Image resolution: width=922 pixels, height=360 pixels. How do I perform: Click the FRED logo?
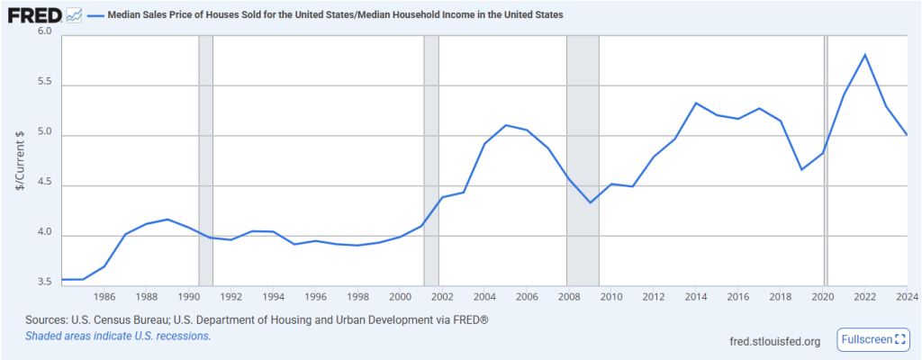point(35,15)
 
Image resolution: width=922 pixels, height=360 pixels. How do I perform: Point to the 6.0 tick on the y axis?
point(44,31)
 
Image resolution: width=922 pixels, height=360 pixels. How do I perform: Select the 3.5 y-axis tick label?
point(44,283)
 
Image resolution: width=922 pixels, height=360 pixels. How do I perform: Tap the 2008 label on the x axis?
point(568,296)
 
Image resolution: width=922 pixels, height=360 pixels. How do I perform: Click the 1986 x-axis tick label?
point(104,296)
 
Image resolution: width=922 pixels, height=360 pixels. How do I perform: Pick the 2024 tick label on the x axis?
point(906,296)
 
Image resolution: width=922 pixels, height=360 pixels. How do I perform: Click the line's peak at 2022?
point(864,55)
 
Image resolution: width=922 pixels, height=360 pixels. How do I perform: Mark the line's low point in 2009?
point(590,202)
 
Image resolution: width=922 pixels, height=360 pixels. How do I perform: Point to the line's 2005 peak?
point(505,125)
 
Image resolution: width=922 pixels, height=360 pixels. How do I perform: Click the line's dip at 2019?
point(801,169)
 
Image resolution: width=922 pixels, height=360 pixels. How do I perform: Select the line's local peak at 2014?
point(696,103)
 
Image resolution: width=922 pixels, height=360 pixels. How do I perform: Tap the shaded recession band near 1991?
point(205,162)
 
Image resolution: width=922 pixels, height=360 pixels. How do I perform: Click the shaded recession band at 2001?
point(430,162)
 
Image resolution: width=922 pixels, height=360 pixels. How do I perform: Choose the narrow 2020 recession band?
point(825,162)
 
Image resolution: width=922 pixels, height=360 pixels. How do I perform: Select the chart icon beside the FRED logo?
point(74,15)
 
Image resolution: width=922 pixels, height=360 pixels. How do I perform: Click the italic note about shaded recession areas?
point(118,336)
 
